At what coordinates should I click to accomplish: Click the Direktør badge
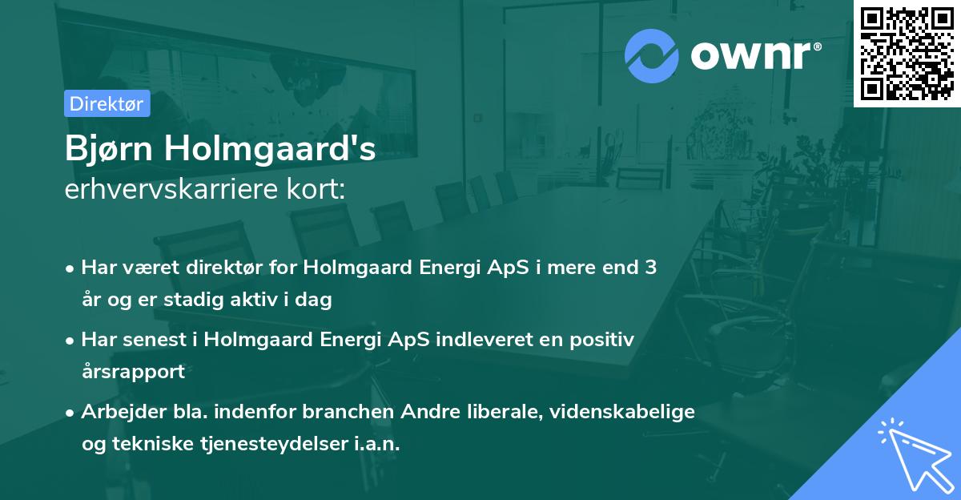click(107, 103)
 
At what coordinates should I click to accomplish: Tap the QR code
click(907, 53)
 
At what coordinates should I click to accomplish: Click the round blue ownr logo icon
click(652, 56)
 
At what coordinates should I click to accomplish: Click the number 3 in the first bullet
click(650, 268)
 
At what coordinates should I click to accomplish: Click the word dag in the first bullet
click(315, 300)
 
